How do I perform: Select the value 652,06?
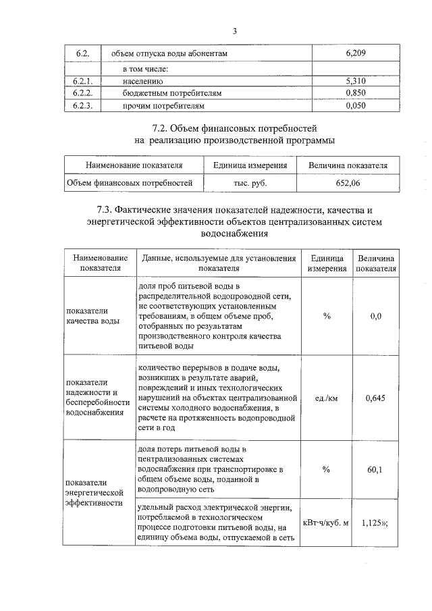tap(348, 182)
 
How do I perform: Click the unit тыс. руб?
tap(250, 182)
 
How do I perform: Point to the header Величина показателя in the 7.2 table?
tap(348, 165)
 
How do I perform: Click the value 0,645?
tap(375, 398)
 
